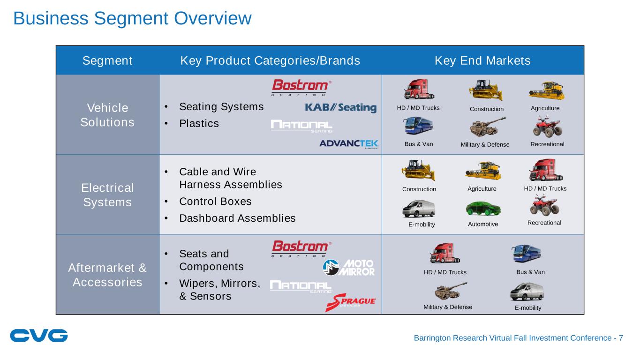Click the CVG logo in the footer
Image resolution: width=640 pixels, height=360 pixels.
(39, 336)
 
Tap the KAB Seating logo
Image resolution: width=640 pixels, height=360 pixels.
(340, 108)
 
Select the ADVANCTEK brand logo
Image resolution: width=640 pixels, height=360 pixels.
(349, 144)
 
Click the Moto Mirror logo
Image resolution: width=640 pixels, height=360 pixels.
(349, 268)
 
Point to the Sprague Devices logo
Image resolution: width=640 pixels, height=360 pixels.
(350, 302)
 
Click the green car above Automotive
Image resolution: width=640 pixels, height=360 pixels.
(483, 209)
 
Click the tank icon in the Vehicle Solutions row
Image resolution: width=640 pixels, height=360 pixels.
(488, 127)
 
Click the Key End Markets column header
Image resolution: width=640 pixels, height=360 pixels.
(482, 60)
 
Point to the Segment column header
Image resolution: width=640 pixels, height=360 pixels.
(107, 60)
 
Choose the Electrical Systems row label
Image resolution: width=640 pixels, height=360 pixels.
(107, 195)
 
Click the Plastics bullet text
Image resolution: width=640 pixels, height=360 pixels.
(199, 124)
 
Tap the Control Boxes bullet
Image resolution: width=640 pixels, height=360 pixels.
(215, 202)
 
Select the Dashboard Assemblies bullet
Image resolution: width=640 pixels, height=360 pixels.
(237, 218)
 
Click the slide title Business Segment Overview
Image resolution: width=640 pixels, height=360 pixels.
(133, 19)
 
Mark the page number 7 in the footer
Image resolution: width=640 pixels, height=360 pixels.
(621, 338)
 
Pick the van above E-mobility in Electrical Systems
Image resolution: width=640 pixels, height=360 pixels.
(419, 209)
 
